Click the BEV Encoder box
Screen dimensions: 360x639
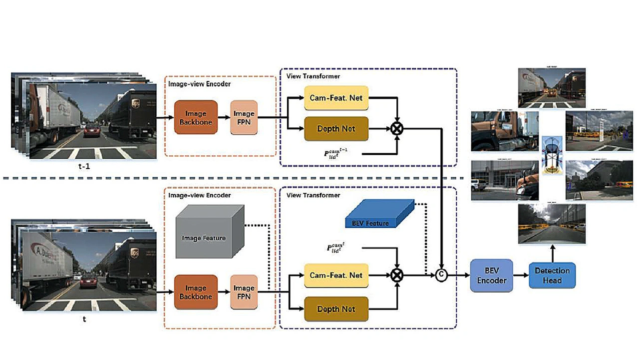(492, 275)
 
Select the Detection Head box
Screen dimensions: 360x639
(552, 275)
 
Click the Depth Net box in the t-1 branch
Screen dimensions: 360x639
(336, 129)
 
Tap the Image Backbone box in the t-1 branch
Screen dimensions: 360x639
(196, 117)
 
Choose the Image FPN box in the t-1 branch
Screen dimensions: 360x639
(244, 117)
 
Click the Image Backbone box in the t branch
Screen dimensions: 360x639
(196, 292)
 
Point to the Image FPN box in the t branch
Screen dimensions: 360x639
(244, 292)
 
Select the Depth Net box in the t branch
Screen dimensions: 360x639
(336, 309)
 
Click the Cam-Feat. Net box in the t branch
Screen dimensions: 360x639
(336, 275)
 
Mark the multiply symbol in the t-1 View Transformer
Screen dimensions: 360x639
(397, 129)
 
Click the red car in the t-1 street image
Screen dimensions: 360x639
(91, 131)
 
